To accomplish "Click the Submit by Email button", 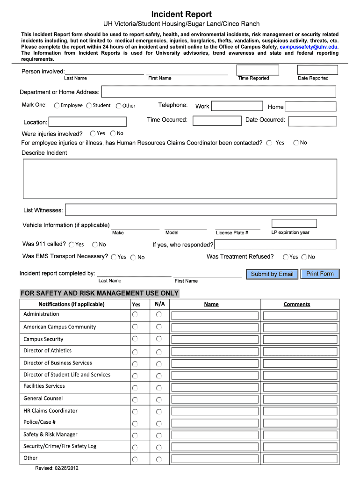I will pyautogui.click(x=272, y=274).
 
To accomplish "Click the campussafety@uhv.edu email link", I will pyautogui.click(x=308, y=47).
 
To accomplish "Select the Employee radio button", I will pyautogui.click(x=57, y=106).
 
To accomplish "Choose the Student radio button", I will pyautogui.click(x=89, y=106).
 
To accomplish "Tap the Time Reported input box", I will pyautogui.click(x=258, y=70).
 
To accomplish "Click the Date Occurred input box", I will pyautogui.click(x=312, y=121).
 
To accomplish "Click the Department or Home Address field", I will pyautogui.click(x=218, y=92).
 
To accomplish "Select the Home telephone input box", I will pyautogui.click(x=310, y=107).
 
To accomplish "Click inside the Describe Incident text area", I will pyautogui.click(x=180, y=179).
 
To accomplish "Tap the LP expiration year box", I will pyautogui.click(x=294, y=224).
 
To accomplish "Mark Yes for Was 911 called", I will pyautogui.click(x=72, y=245).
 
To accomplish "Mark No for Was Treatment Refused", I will pyautogui.click(x=304, y=257).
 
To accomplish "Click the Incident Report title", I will pyautogui.click(x=181, y=14).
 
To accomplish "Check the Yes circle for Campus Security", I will pyautogui.click(x=135, y=339).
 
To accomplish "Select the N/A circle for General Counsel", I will pyautogui.click(x=159, y=399).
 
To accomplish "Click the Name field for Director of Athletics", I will pyautogui.click(x=215, y=351).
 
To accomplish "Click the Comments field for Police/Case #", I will pyautogui.click(x=300, y=423).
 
